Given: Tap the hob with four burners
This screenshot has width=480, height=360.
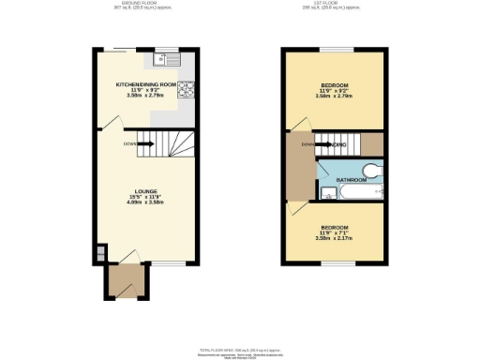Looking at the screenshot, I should coord(187,90).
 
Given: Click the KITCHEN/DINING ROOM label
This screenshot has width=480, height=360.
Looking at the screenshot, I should coord(145,84).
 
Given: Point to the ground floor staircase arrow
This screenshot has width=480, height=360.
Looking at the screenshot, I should coord(148,144).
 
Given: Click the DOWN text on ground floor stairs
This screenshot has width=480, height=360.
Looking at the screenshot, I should coord(129,144).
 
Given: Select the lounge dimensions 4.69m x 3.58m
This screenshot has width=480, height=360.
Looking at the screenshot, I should coord(145,202).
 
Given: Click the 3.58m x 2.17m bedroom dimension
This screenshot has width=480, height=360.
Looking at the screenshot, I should coord(335,238).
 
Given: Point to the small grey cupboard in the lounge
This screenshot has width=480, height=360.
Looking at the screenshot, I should coord(100,253).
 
